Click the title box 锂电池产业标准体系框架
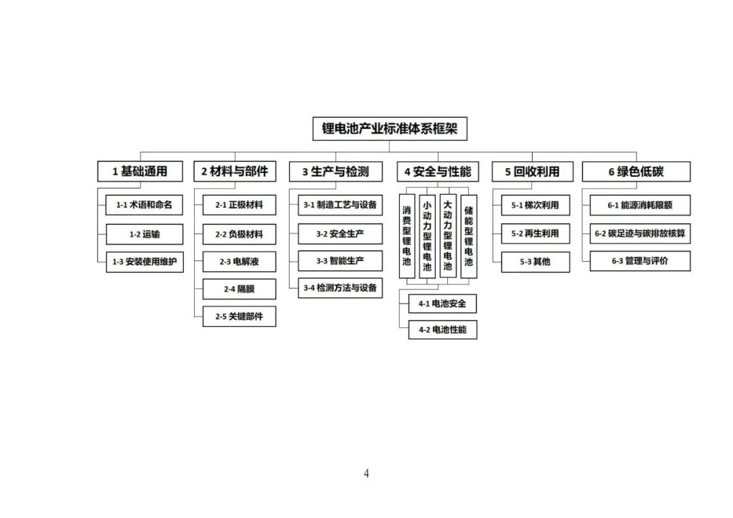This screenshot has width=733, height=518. click(x=390, y=128)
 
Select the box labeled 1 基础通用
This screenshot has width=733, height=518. click(x=140, y=172)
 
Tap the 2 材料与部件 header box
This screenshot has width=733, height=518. click(x=235, y=172)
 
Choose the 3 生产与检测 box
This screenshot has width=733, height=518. click(x=336, y=172)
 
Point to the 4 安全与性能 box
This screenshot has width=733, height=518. click(x=438, y=172)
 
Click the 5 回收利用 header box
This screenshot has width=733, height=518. click(x=533, y=172)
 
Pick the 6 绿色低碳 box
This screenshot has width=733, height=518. click(x=636, y=172)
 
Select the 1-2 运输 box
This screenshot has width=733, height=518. click(x=145, y=234)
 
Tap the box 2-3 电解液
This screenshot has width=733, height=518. click(x=240, y=262)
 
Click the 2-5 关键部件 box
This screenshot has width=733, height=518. click(x=240, y=316)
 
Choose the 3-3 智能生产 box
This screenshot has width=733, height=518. click(x=340, y=260)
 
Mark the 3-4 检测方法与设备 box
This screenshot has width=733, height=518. click(x=340, y=287)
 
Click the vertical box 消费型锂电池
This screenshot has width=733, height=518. click(x=407, y=237)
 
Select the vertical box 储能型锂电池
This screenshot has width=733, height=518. click(x=469, y=237)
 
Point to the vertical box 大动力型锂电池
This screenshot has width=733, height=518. click(x=448, y=237)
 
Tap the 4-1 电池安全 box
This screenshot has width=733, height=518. click(x=443, y=304)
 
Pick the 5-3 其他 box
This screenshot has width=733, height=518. click(x=535, y=262)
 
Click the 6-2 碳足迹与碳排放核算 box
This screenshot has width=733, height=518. click(x=640, y=233)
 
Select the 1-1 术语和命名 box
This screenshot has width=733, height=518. click(x=144, y=205)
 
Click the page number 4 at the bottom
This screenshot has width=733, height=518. click(x=366, y=474)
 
